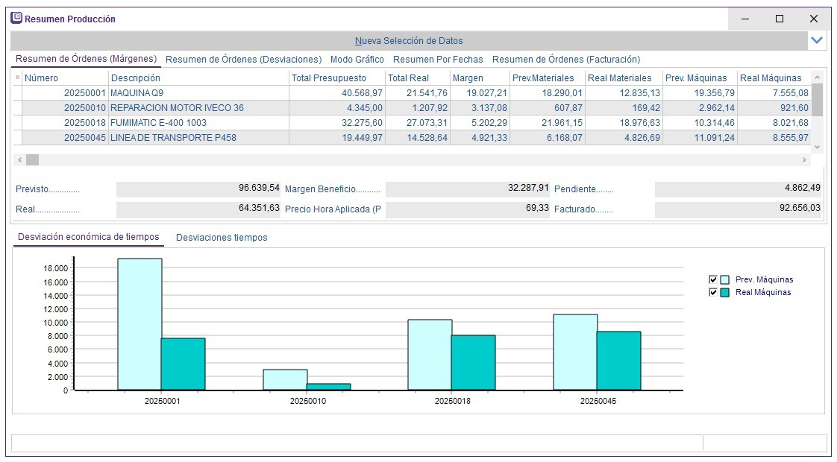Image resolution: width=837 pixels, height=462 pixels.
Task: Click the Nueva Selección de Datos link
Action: (409, 41)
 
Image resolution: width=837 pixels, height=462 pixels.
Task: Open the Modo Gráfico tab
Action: (357, 60)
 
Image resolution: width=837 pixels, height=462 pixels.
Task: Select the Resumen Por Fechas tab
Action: (438, 60)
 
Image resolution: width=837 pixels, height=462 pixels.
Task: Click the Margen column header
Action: (468, 78)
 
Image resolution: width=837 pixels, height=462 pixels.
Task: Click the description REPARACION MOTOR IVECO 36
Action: (177, 108)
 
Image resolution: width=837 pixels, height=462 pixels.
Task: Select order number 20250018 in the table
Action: (86, 123)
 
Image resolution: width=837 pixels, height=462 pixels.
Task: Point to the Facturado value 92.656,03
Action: (800, 209)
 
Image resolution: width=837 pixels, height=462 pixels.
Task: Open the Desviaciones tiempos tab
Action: (222, 238)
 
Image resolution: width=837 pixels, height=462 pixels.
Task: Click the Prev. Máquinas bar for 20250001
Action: (139, 324)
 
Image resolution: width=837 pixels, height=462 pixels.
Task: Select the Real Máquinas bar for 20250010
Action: (328, 387)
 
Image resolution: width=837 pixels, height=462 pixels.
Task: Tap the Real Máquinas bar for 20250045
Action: (618, 361)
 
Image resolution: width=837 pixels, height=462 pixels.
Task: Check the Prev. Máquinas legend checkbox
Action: (713, 279)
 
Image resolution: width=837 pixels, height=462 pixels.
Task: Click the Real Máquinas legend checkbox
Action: (713, 293)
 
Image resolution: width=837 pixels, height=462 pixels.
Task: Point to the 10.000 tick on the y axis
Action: (56, 323)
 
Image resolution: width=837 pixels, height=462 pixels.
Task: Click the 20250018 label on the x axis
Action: (453, 401)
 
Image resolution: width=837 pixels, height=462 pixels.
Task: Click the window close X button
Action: (813, 19)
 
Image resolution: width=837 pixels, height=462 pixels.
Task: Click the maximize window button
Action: (780, 19)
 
